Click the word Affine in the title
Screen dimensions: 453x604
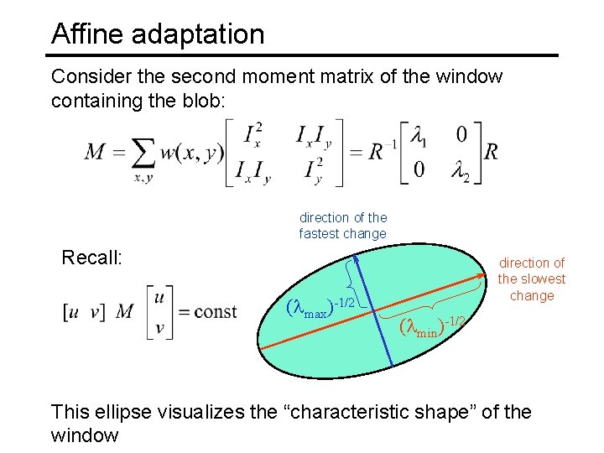83,34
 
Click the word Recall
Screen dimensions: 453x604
92,257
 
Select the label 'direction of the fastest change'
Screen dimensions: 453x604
343,226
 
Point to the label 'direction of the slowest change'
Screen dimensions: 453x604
532,279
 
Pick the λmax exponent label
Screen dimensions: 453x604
323,307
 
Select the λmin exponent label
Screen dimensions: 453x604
432,324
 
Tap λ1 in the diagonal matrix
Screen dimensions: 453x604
417,135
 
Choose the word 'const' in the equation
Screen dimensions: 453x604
216,312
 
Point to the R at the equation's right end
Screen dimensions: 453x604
492,152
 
